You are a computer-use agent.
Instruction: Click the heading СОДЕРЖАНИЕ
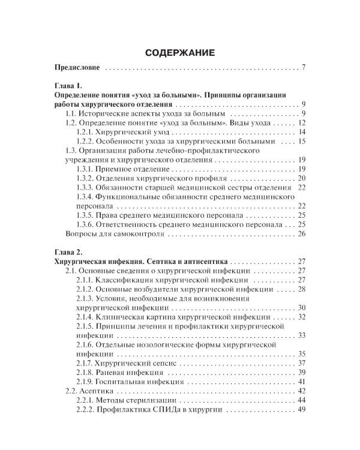pos(179,53)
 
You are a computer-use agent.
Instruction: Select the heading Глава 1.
pos(68,86)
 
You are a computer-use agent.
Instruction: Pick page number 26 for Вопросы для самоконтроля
pos(302,234)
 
